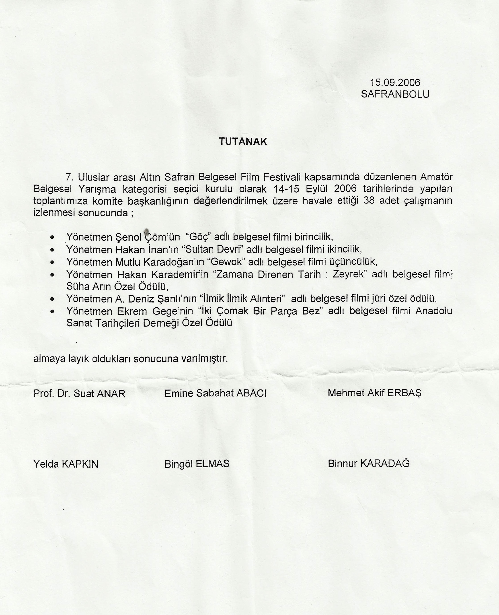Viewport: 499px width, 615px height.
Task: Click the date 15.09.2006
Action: (x=395, y=83)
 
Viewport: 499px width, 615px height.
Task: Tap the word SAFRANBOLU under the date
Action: (x=395, y=94)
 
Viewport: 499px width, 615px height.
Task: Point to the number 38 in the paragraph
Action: (x=369, y=200)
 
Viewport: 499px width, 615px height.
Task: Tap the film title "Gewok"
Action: (x=227, y=262)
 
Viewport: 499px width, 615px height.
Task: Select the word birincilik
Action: (x=314, y=237)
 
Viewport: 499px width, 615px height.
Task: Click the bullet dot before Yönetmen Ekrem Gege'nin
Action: (x=52, y=311)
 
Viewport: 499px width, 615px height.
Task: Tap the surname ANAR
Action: (x=111, y=394)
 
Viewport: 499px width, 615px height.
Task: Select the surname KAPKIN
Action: (x=80, y=464)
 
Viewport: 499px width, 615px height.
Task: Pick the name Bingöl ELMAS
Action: (x=197, y=464)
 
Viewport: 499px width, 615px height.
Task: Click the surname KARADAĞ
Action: (x=385, y=463)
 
